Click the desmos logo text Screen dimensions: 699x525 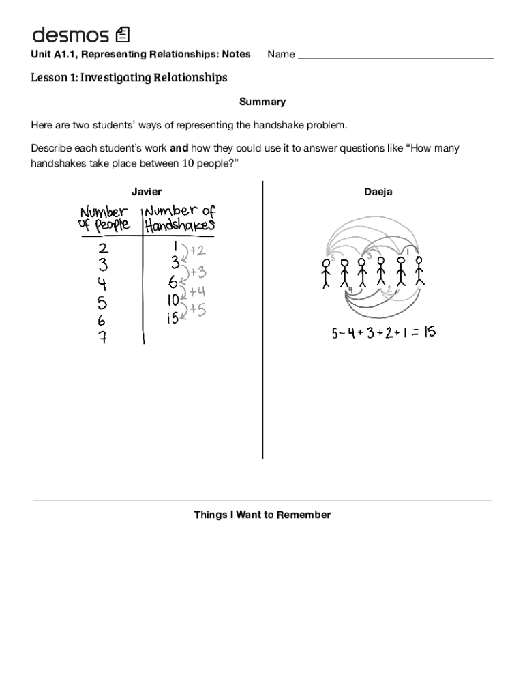pos(70,34)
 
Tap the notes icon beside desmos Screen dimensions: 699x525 pos(123,34)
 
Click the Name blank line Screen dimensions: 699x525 pos(395,56)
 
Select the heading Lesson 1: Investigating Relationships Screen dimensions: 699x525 pos(129,77)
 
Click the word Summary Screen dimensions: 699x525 pos(262,102)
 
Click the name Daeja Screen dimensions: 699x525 pos(378,192)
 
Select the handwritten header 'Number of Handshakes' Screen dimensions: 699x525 pos(179,218)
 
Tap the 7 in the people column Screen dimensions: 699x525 pos(102,338)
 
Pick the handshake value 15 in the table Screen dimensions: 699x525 pos(173,318)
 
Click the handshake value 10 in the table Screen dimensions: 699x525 pos(173,300)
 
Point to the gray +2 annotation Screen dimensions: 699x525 pos(197,251)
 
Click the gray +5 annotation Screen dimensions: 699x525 pos(198,310)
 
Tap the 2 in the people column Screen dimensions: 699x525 pos(102,246)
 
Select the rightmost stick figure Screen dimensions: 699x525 pos(419,270)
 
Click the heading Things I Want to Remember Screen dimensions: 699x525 pos(262,515)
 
